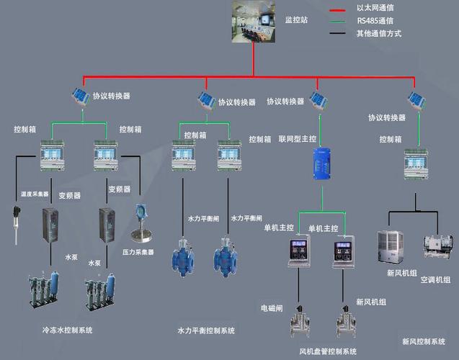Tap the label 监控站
click(x=296, y=20)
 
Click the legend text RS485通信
click(x=378, y=21)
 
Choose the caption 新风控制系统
click(x=424, y=341)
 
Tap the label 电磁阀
click(x=272, y=307)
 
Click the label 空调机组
click(x=435, y=279)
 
